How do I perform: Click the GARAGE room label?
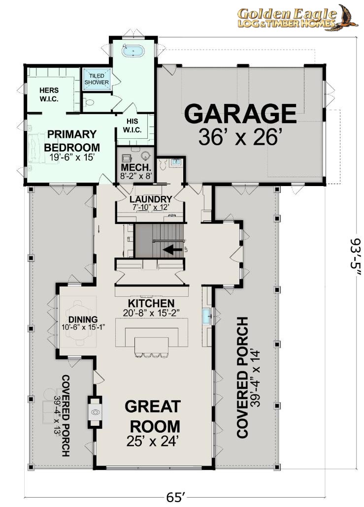[240, 114]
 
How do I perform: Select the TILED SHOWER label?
[97, 79]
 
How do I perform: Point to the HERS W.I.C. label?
[49, 95]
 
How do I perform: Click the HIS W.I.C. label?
[132, 126]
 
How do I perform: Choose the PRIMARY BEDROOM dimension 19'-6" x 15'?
[72, 158]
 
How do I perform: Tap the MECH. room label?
[136, 168]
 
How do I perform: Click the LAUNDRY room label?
[150, 199]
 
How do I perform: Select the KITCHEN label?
[151, 303]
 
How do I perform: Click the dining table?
[79, 322]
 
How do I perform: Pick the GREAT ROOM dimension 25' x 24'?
[153, 441]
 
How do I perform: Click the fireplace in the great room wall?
[95, 412]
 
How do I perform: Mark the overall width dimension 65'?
[176, 497]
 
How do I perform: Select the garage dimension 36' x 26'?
[238, 137]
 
